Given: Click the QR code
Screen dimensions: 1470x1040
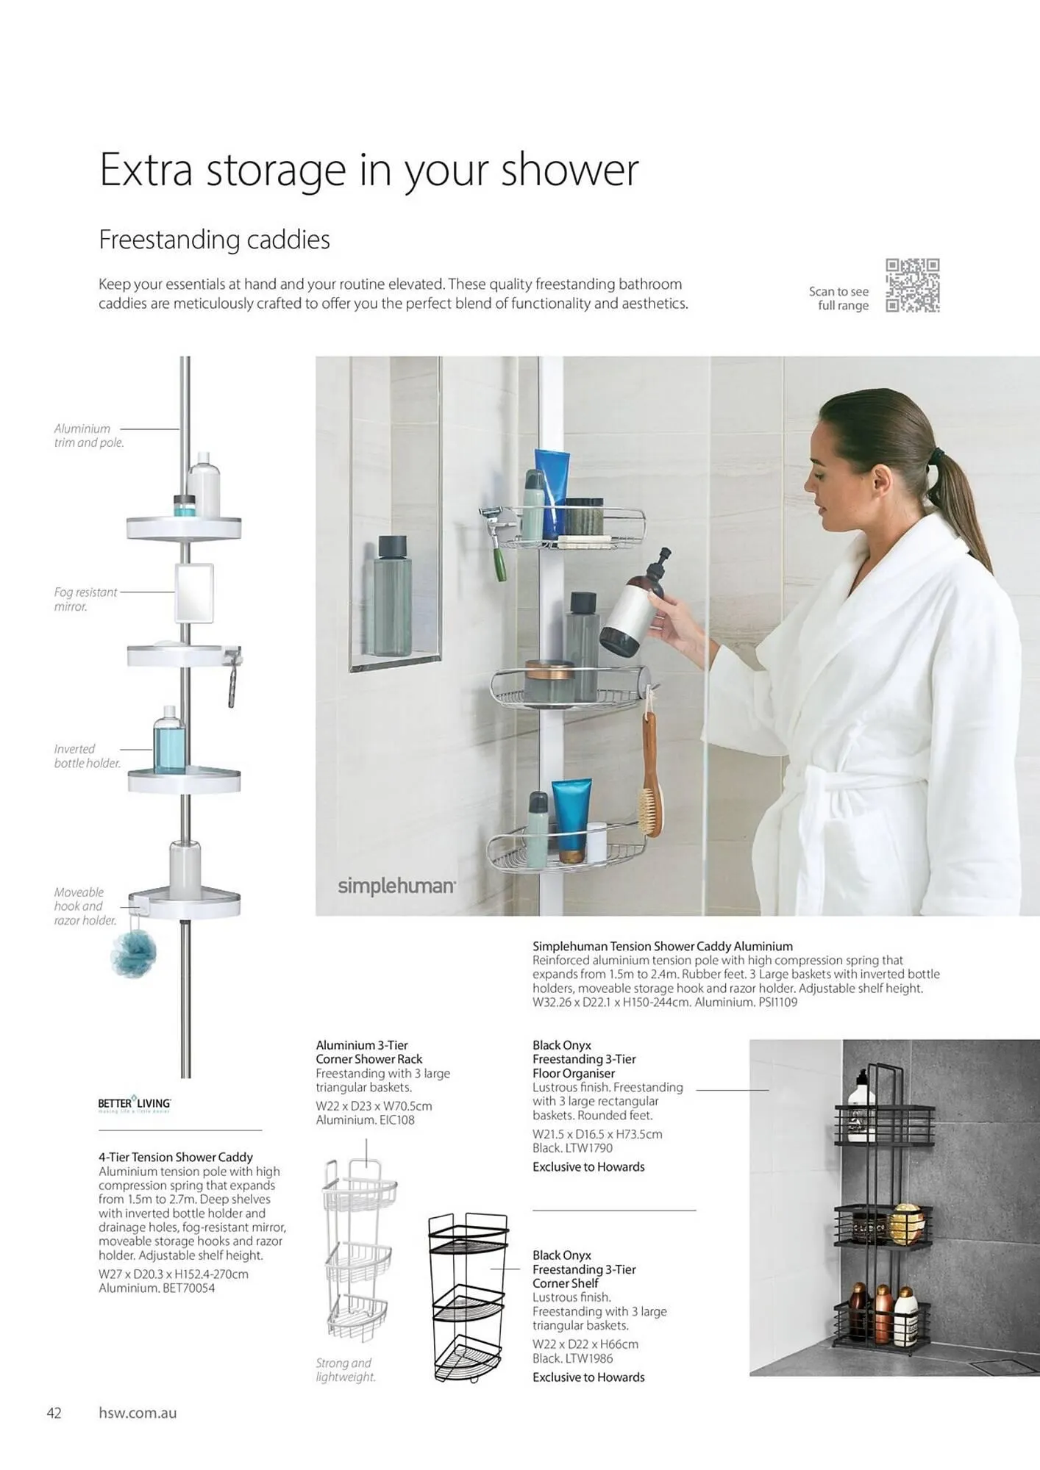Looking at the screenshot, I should coord(912,285).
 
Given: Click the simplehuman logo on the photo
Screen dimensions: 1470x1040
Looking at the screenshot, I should coord(396,886).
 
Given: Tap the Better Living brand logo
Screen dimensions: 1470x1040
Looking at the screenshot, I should coord(135,1104).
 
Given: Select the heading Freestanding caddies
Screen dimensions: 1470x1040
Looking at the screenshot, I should coord(214,240).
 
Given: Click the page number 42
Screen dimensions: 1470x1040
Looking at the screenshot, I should coord(54,1413).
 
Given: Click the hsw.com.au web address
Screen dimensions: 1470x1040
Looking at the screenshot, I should coord(138,1413).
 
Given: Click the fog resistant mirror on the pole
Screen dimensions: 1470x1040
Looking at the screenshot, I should coord(194,593).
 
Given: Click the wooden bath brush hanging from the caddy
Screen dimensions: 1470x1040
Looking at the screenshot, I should coord(651,779).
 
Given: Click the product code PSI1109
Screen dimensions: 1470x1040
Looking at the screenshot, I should coord(777,1002).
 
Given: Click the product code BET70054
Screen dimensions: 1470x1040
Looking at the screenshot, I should coord(188,1288).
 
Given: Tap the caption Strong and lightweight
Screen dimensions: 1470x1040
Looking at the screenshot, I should coord(346,1370).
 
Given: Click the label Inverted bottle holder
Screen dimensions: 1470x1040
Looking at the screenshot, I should coord(87,756).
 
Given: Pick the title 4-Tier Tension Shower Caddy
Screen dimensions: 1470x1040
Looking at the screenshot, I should coord(176,1157).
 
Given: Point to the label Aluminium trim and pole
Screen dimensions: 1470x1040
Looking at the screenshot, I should coord(88,435).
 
